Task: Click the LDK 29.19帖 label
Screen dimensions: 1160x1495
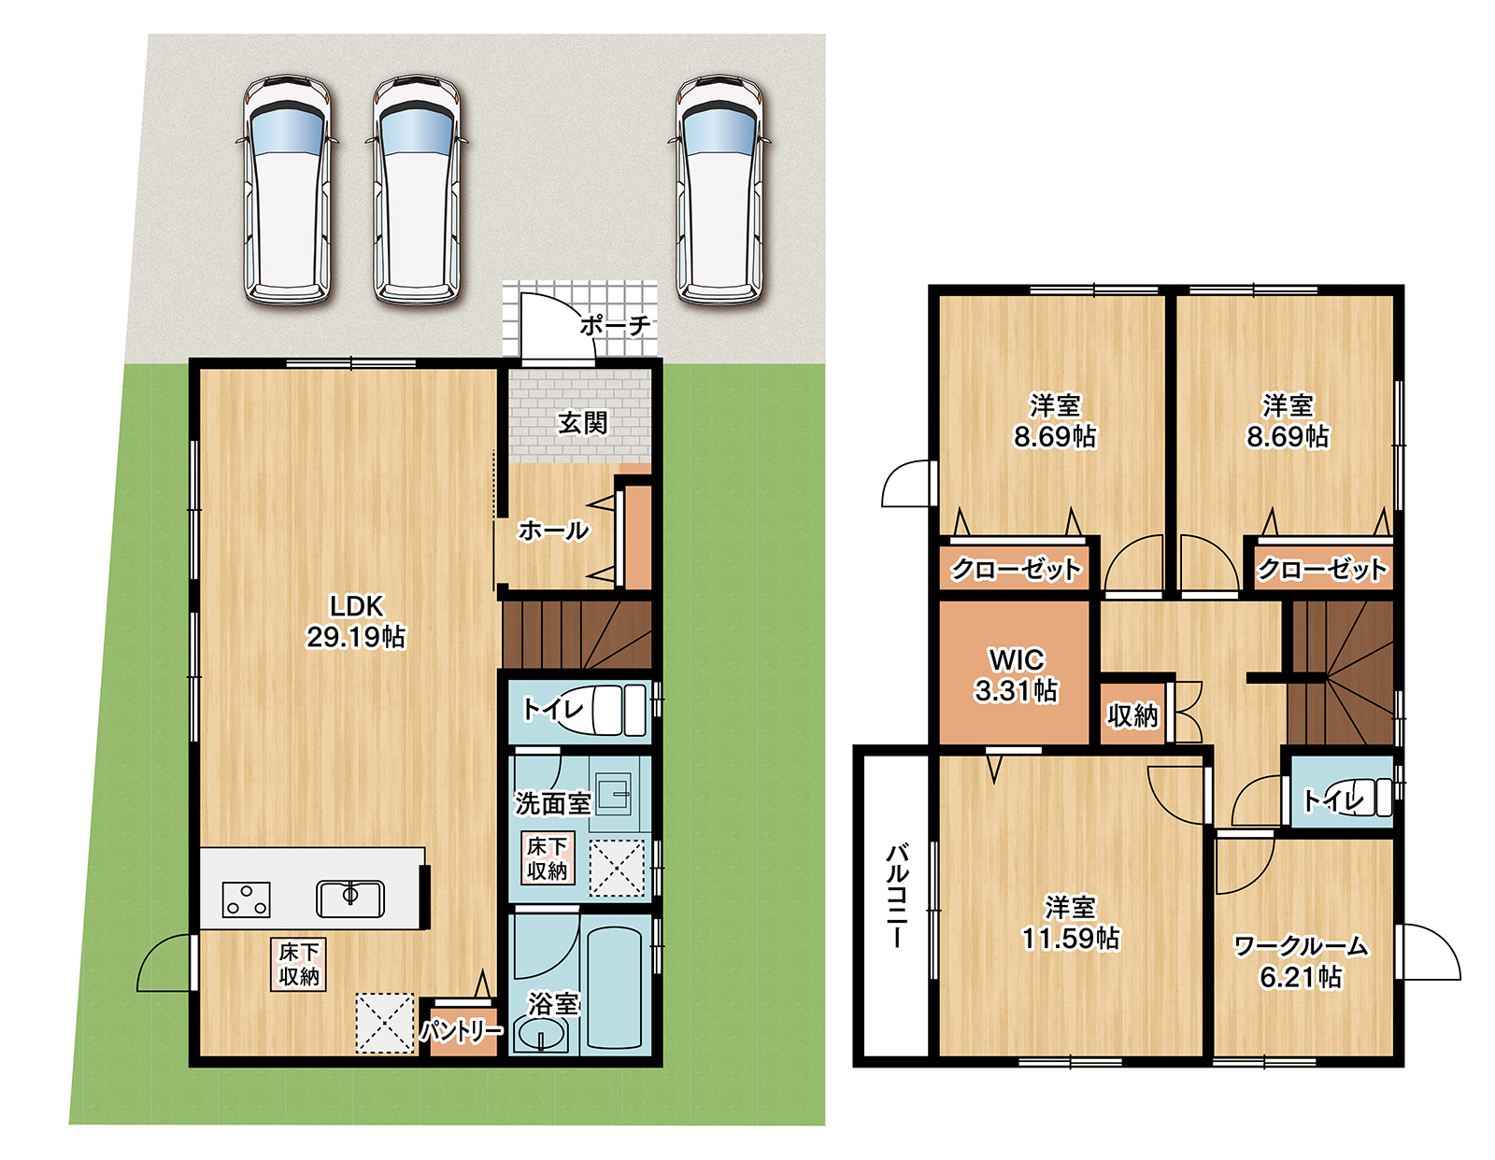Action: click(x=356, y=621)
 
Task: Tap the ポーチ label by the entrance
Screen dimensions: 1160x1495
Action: click(x=614, y=326)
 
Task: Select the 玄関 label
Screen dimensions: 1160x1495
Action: click(x=582, y=423)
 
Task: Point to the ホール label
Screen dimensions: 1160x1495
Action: click(x=553, y=530)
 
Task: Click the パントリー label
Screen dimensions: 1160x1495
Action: click(x=461, y=1031)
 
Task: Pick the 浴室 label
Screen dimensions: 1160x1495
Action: click(x=553, y=1004)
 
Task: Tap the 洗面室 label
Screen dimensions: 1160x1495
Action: click(x=552, y=802)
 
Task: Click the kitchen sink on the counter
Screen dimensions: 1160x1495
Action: click(x=350, y=898)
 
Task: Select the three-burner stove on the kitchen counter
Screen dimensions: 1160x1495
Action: click(x=247, y=899)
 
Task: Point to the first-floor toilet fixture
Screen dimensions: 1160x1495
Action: click(x=617, y=710)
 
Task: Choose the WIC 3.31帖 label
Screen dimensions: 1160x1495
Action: click(x=1016, y=674)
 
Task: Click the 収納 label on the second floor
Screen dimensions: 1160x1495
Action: click(x=1132, y=715)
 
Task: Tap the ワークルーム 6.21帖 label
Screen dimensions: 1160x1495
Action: click(x=1301, y=961)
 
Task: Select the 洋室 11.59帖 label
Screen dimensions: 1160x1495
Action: click(x=1070, y=922)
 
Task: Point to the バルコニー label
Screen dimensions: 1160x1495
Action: click(x=896, y=897)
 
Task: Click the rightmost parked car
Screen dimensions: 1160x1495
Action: click(x=719, y=191)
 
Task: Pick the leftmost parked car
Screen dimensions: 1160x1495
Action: click(x=288, y=191)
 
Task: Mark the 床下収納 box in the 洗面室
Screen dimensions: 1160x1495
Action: click(x=547, y=858)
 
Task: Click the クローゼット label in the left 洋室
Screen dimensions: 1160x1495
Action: click(x=1016, y=568)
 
